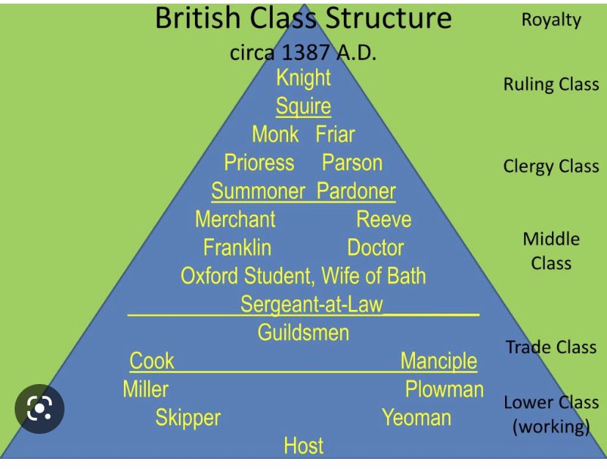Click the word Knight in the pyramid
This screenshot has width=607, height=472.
click(x=303, y=78)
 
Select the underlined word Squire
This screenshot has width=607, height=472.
click(x=303, y=106)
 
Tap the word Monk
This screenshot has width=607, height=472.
click(x=275, y=134)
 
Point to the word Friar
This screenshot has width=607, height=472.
click(x=335, y=134)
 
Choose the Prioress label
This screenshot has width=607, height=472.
click(x=259, y=162)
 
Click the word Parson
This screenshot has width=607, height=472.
click(x=352, y=162)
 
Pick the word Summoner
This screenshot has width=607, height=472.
click(x=258, y=191)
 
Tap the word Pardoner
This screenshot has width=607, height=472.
click(x=356, y=191)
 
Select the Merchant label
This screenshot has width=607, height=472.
click(x=235, y=219)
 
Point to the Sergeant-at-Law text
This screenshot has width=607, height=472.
click(x=312, y=304)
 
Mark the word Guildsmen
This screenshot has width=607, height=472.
click(x=303, y=333)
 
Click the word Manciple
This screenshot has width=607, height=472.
click(x=438, y=361)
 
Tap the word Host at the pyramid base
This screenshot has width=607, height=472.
click(x=303, y=446)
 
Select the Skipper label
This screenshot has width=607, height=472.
click(x=188, y=418)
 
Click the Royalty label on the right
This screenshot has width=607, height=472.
click(x=551, y=20)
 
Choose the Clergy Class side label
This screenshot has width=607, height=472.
click(x=551, y=166)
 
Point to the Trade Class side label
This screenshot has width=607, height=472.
click(x=551, y=347)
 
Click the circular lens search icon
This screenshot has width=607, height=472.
click(x=40, y=408)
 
